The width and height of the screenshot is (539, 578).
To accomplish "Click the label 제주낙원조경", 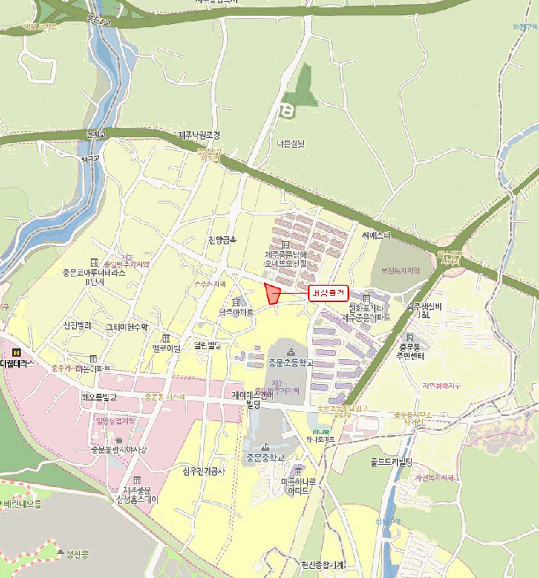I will pyautogui.click(x=199, y=135).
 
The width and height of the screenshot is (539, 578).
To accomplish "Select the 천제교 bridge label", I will pyautogui.click(x=97, y=134).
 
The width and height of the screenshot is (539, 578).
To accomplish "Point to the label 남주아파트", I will pyautogui.click(x=236, y=314).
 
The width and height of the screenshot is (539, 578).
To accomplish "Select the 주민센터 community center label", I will pyautogui.click(x=424, y=356).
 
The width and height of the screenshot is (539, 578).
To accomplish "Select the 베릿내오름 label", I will pyautogui.click(x=22, y=503).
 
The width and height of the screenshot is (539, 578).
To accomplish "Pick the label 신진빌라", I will pyautogui.click(x=77, y=325).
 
